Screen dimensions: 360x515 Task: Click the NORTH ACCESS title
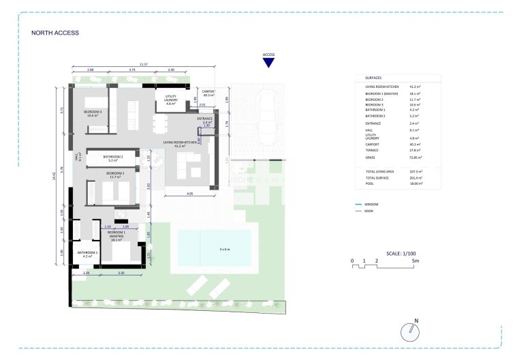tap(55, 33)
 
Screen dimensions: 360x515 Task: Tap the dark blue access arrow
tap(268, 63)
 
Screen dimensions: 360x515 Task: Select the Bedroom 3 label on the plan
tap(93, 113)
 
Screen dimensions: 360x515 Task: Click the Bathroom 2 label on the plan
tap(112, 158)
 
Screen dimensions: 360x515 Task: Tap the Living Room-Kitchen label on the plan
tap(181, 144)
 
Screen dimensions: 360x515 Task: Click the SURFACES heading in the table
tap(373, 78)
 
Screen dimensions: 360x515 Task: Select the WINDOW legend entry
tap(371, 204)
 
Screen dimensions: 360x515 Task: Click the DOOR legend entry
tap(370, 211)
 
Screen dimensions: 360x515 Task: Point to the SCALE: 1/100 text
tap(401, 253)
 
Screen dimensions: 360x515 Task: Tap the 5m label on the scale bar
tap(424, 260)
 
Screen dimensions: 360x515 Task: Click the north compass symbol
tap(411, 331)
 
